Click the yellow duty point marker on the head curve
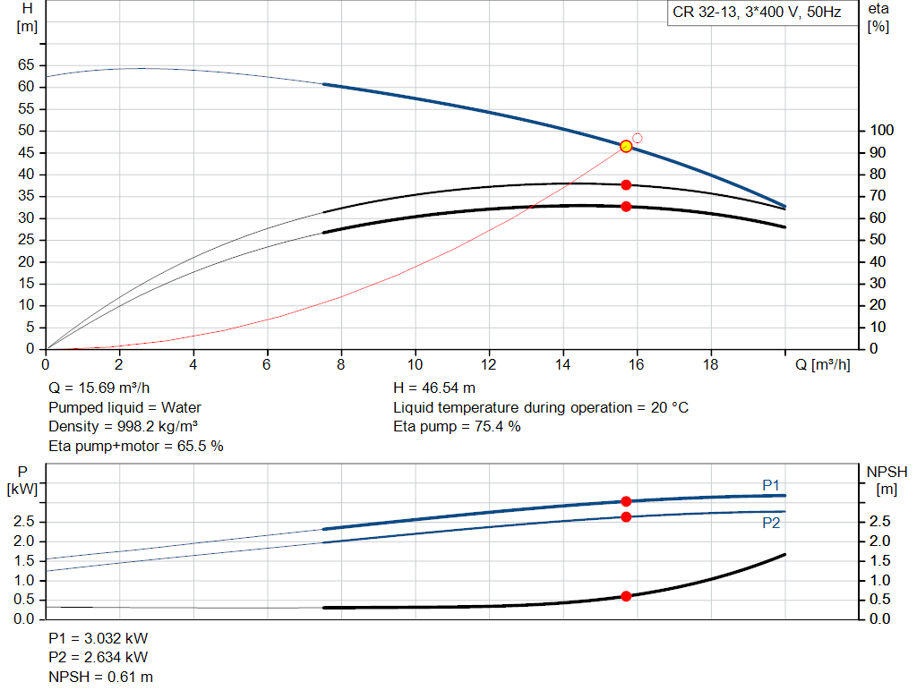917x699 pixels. click(626, 146)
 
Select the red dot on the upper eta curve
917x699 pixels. click(626, 184)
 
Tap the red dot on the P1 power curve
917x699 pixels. click(626, 501)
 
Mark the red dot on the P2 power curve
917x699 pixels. click(626, 517)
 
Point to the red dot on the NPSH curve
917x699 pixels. click(626, 596)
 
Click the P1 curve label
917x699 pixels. click(771, 485)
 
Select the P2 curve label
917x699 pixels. click(771, 523)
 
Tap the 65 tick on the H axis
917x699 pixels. click(26, 64)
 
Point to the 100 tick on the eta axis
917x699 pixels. click(882, 131)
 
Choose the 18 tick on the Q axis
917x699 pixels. click(710, 364)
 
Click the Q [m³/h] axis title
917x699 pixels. click(822, 364)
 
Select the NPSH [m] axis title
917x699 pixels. click(887, 481)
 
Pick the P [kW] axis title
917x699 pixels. click(22, 481)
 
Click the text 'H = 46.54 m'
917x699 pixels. click(434, 388)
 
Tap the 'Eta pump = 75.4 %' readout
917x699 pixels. click(457, 427)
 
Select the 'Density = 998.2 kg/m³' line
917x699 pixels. click(123, 427)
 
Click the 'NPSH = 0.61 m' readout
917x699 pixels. click(100, 677)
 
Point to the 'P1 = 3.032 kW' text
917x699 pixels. click(99, 638)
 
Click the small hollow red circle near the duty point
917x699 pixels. click(638, 138)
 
